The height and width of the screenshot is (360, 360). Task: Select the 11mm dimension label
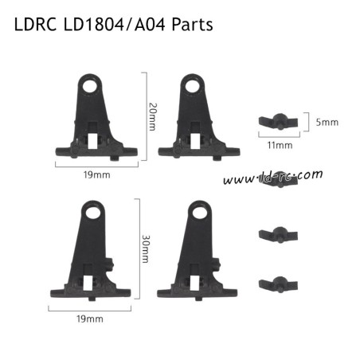[x=280, y=145]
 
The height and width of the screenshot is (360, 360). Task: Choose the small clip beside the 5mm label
[x=276, y=121]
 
